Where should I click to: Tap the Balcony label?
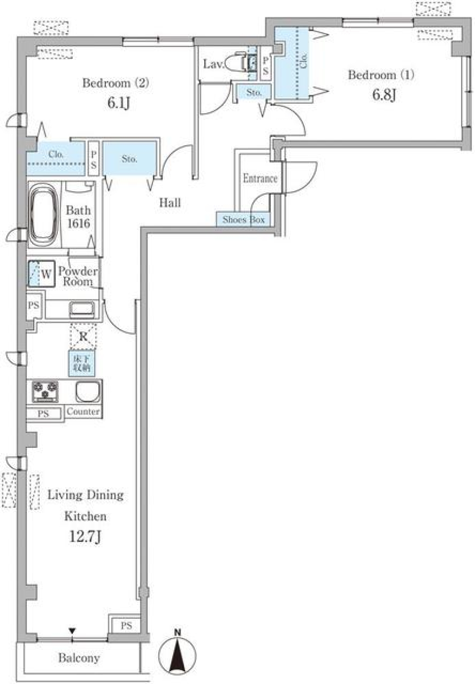click(79, 658)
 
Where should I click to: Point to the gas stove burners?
click(45, 391)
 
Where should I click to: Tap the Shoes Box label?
click(243, 219)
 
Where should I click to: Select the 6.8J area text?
click(384, 94)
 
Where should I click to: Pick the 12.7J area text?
click(85, 536)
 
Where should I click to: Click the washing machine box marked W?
click(41, 273)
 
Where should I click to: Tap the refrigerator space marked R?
click(83, 337)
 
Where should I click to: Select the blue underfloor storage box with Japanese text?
click(82, 363)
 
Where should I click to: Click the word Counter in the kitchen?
click(83, 411)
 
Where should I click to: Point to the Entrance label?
click(260, 178)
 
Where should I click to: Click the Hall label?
click(170, 202)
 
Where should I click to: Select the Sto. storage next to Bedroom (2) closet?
click(130, 159)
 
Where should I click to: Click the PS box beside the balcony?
click(126, 626)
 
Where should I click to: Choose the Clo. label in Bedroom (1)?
click(303, 60)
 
